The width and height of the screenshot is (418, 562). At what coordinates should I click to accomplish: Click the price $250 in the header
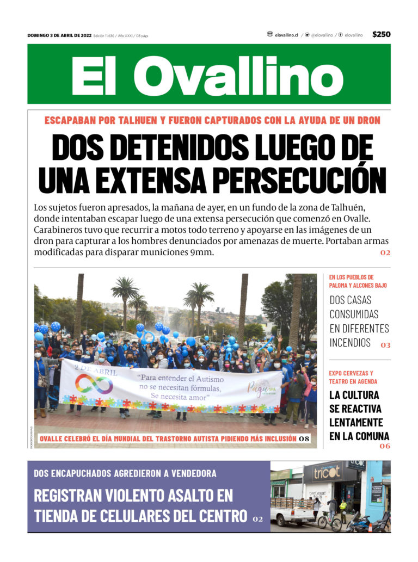(x=381, y=34)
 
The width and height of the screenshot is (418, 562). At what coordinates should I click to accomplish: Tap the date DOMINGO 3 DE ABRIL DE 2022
(x=59, y=35)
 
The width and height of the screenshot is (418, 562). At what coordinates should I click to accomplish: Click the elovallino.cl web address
(x=286, y=35)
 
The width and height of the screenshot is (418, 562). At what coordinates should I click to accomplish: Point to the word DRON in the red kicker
(x=368, y=120)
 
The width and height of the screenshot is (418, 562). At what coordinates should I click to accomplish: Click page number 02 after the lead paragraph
(x=385, y=252)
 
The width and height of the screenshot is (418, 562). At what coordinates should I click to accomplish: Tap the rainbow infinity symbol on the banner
(x=94, y=384)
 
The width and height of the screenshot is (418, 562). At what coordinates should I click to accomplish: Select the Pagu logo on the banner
(x=261, y=388)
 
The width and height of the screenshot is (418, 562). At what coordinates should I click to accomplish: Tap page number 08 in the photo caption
(x=305, y=439)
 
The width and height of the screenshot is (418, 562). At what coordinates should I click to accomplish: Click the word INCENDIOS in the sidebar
(x=351, y=343)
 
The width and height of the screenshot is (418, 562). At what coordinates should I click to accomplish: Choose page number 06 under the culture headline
(x=385, y=446)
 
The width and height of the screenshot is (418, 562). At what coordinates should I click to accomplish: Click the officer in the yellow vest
(x=343, y=508)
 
